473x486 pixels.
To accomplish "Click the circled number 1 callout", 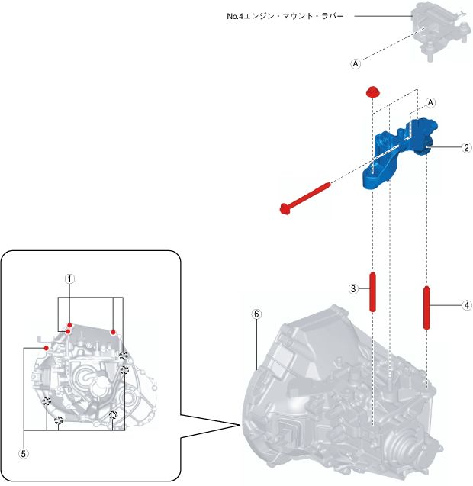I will coord(69,279).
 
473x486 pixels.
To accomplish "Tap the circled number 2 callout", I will coord(466,148).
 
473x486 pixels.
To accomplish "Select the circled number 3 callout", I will coord(353,289).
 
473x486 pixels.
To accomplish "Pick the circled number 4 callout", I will coord(466,305).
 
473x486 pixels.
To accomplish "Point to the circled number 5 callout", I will coord(24,452).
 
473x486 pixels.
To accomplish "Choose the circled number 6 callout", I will coord(256,314).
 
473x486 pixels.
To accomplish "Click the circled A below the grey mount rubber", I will coord(355,65).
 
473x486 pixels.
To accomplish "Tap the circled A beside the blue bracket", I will coord(430,101).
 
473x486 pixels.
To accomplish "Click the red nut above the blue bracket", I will coord(372,92).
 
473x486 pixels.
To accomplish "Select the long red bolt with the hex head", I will coord(305,195).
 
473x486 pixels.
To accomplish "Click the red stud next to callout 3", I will coord(374,291).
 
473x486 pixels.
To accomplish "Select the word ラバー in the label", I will coord(336,15).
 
